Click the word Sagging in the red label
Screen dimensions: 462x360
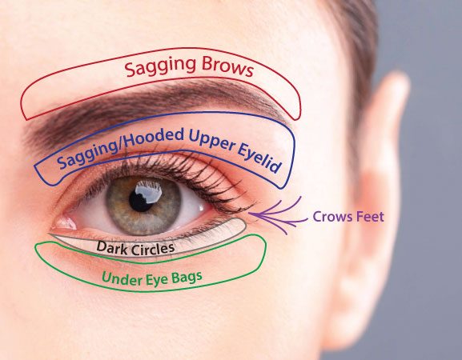coord(160,67)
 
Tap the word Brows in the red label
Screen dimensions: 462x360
coord(227,67)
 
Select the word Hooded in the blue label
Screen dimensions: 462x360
coord(153,140)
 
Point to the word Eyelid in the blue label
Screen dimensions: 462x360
coord(259,159)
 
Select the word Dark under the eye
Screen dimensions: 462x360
coord(112,247)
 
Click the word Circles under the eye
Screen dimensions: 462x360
coord(153,249)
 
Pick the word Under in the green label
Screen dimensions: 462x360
coord(122,278)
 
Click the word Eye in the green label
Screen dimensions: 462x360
coord(158,280)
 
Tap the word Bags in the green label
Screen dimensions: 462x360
coord(187,278)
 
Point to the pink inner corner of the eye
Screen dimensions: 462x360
coord(64,223)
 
